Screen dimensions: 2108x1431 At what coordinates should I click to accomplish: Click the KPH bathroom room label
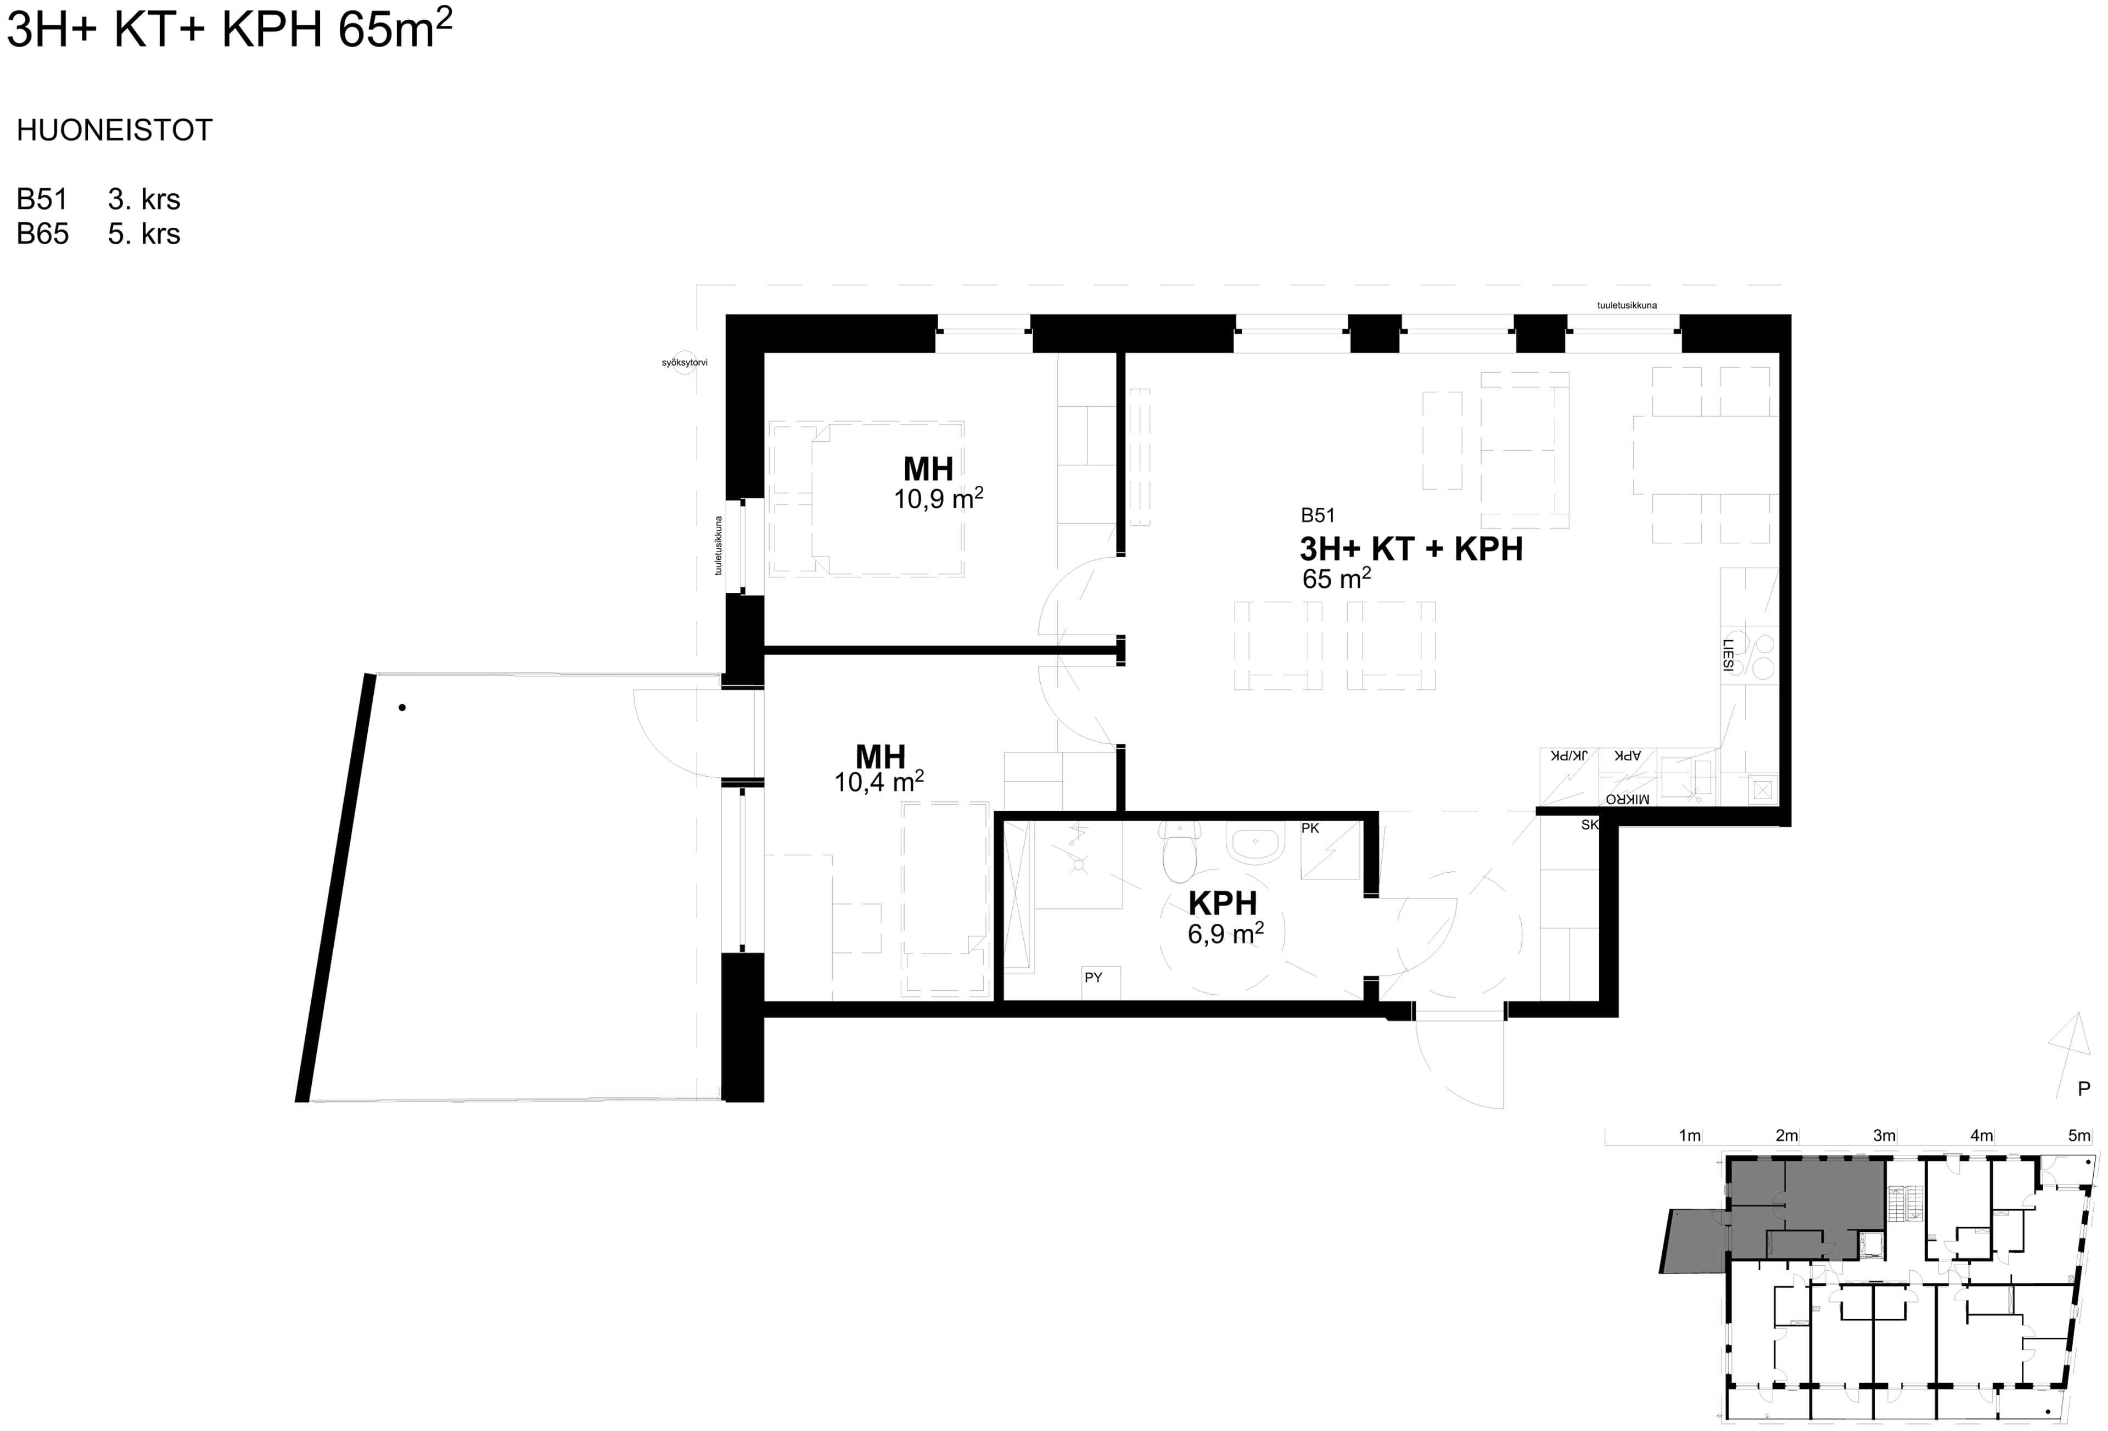click(1222, 903)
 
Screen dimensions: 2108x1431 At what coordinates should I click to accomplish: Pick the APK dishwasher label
click(1627, 755)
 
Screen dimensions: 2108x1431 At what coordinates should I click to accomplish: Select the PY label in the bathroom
click(1093, 978)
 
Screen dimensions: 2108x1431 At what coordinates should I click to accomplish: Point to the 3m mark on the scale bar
click(1884, 1135)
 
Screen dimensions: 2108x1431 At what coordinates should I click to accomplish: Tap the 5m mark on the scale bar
click(2079, 1135)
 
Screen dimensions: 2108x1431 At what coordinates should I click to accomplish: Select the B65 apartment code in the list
click(43, 234)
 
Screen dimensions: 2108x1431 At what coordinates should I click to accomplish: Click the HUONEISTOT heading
click(114, 131)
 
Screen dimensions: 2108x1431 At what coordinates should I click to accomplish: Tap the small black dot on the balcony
click(402, 708)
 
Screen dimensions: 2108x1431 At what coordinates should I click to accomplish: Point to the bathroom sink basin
click(1254, 843)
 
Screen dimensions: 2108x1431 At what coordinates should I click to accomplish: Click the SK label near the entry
click(1589, 825)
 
